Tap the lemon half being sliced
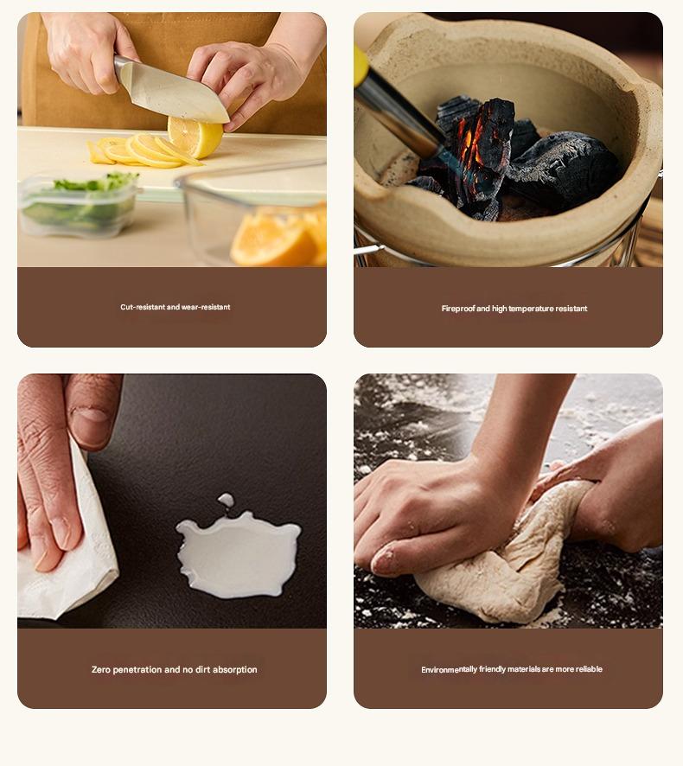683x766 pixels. click(x=195, y=137)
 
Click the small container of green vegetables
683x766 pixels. click(x=78, y=204)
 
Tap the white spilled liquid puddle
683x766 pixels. click(x=238, y=554)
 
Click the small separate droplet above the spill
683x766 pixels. click(x=226, y=499)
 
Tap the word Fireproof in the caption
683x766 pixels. click(x=457, y=309)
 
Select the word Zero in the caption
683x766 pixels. click(x=100, y=670)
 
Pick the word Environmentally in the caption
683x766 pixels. click(x=449, y=669)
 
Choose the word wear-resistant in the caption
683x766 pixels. click(x=206, y=307)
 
